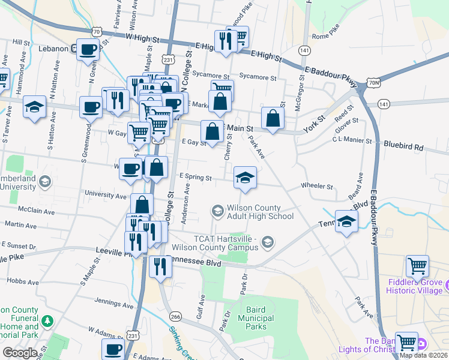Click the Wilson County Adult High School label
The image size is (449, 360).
(x=260, y=212)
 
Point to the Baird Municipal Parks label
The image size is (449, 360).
(x=260, y=318)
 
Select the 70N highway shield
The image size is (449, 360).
(x=373, y=82)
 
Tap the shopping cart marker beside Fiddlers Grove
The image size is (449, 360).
(x=417, y=265)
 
